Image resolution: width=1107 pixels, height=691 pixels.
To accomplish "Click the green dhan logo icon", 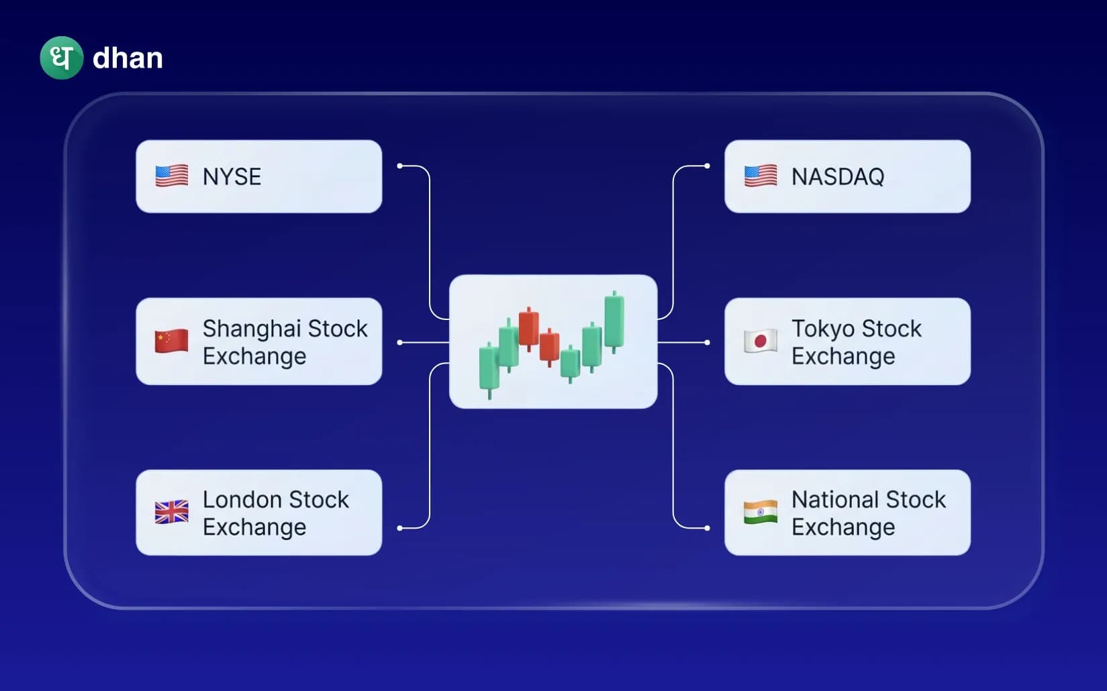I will click(x=61, y=58).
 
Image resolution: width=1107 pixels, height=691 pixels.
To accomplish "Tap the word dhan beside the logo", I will click(x=128, y=58).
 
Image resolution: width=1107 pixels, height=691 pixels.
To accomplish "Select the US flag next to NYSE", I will click(x=172, y=176).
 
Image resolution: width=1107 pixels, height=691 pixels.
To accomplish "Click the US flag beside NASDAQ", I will click(x=761, y=176).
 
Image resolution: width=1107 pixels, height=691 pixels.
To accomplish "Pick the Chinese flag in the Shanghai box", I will click(x=172, y=341).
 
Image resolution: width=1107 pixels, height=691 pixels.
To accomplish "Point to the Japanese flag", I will click(x=761, y=341).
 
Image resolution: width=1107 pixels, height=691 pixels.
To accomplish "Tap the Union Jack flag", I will click(x=172, y=513).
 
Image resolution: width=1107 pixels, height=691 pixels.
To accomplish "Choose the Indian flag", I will click(x=761, y=513).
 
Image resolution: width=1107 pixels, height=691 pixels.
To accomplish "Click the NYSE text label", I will click(x=232, y=176).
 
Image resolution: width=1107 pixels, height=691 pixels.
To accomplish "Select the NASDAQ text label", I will click(x=838, y=176).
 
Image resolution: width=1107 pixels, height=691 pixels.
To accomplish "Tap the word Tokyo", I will click(x=822, y=329).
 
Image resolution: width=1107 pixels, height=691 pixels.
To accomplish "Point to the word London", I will click(x=242, y=500).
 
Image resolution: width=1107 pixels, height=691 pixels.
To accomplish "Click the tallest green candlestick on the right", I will click(x=614, y=321).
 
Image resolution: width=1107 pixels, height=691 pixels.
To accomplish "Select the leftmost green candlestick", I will click(x=488, y=368).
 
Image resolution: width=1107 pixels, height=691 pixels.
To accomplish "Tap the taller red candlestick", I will click(x=529, y=327).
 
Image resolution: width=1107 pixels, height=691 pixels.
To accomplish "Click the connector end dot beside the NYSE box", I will click(x=400, y=166).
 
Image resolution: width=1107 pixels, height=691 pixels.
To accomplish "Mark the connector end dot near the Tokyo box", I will click(x=707, y=342).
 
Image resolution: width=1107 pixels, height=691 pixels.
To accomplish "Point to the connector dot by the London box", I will click(x=400, y=528).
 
